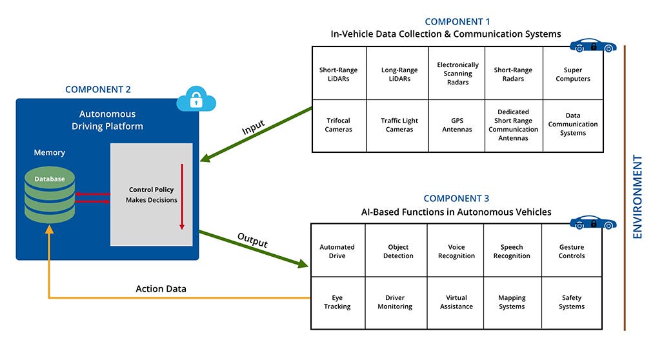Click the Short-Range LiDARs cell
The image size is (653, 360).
pyautogui.click(x=339, y=74)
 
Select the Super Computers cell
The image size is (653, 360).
pyautogui.click(x=573, y=74)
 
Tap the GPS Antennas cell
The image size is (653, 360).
pyautogui.click(x=457, y=125)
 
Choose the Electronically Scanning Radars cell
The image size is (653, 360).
pyautogui.click(x=457, y=74)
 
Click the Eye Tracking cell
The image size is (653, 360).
pyautogui.click(x=337, y=302)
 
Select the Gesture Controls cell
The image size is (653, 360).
pyautogui.click(x=572, y=251)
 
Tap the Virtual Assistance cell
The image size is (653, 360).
pyautogui.click(x=456, y=302)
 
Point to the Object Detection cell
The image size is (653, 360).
pyautogui.click(x=398, y=251)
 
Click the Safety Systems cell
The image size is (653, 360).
pyautogui.click(x=572, y=302)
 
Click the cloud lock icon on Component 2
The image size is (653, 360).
pyautogui.click(x=196, y=99)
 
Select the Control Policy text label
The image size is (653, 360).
pyautogui.click(x=151, y=190)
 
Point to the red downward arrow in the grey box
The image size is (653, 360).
pyautogui.click(x=182, y=197)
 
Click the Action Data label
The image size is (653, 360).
pyautogui.click(x=161, y=288)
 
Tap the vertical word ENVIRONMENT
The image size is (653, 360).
pyautogui.click(x=638, y=196)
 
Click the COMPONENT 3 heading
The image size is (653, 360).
pyautogui.click(x=456, y=199)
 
